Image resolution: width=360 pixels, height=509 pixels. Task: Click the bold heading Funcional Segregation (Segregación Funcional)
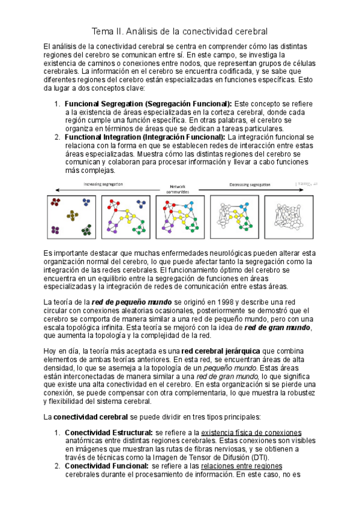pyautogui.click(x=148, y=103)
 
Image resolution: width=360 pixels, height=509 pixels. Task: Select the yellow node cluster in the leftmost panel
pyautogui.click(x=72, y=216)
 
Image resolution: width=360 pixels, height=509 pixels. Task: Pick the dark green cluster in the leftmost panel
pyautogui.click(x=87, y=229)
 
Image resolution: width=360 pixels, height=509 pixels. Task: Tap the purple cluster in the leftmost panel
pyautogui.click(x=56, y=229)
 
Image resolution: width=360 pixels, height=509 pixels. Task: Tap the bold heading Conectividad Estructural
pyautogui.click(x=109, y=432)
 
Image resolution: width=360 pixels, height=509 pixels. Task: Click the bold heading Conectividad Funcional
pyautogui.click(x=106, y=466)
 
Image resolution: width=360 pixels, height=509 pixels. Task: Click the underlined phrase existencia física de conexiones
pyautogui.click(x=251, y=432)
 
